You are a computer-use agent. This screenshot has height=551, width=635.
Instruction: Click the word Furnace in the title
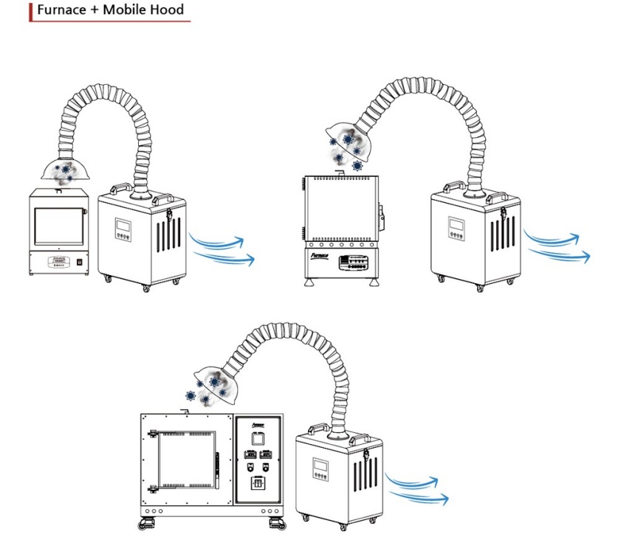65,10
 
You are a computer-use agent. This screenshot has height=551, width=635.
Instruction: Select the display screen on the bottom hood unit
320,467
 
